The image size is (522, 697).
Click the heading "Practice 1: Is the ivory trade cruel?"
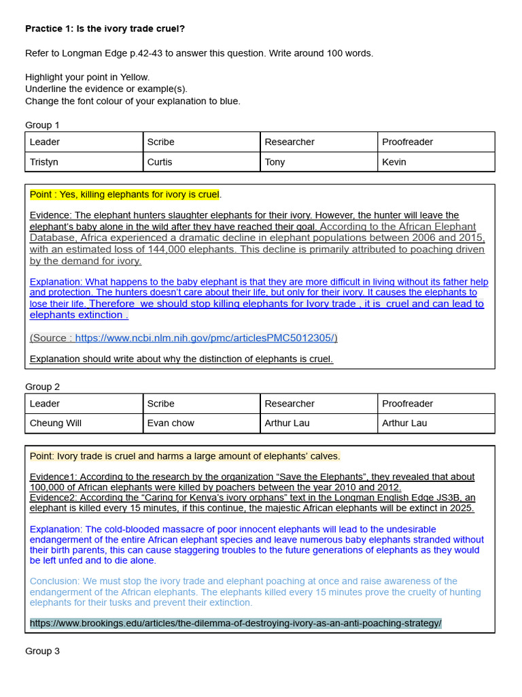105,29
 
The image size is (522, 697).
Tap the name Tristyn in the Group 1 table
44,162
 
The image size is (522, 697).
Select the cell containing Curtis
160,162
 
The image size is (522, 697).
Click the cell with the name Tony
275,162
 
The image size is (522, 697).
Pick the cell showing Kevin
394,162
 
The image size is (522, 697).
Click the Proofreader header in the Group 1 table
407,142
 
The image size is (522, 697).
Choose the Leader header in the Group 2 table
45,404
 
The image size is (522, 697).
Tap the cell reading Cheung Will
56,423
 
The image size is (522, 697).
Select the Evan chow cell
171,423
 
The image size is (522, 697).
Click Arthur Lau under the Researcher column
287,423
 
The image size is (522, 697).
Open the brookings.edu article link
236,623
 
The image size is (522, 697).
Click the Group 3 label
42,651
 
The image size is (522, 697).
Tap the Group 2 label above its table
42,387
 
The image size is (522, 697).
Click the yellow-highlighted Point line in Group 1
124,195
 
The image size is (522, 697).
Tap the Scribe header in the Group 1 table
161,142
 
